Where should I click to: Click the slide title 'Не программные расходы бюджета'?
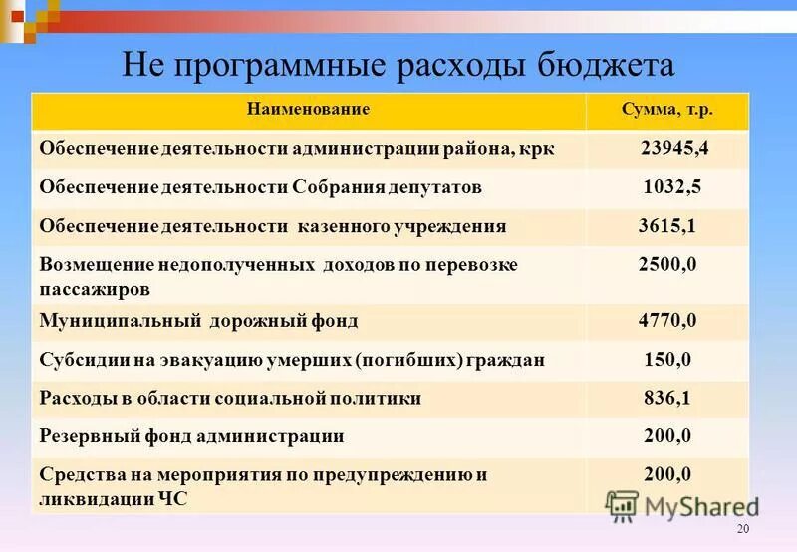[x=398, y=67]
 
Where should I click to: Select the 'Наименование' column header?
[x=308, y=109]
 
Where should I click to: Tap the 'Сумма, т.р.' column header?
[x=666, y=109]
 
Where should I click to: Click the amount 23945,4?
[x=674, y=149]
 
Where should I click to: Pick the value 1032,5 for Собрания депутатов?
[x=670, y=187]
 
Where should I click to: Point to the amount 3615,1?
[x=666, y=227]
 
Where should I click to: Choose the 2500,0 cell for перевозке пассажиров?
[x=666, y=265]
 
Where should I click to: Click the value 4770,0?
[x=666, y=321]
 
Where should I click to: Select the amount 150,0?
[x=666, y=360]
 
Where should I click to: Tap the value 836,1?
[x=666, y=398]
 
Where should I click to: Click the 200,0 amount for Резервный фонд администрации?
[x=666, y=435]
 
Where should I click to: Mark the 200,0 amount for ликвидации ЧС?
[x=666, y=474]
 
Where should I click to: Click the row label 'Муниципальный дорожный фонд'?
[x=198, y=321]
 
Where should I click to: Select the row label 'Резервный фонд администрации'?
[x=192, y=435]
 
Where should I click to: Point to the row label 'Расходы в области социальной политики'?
[x=230, y=398]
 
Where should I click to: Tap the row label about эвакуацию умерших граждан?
[x=292, y=360]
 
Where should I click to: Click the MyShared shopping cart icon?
[x=622, y=505]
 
